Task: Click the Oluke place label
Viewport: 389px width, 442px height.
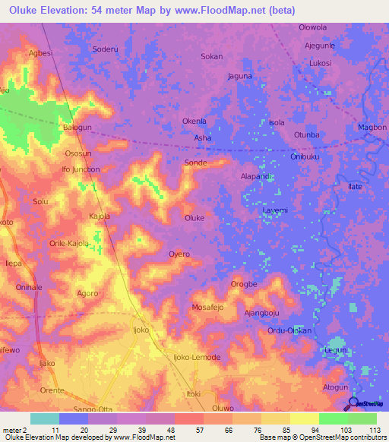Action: pyautogui.click(x=194, y=218)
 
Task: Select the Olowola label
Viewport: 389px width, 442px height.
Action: pyautogui.click(x=312, y=27)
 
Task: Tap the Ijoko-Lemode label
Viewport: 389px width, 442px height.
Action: pyautogui.click(x=197, y=357)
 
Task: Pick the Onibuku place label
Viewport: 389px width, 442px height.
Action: pyautogui.click(x=307, y=156)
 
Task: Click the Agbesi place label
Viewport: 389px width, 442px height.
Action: pyautogui.click(x=40, y=53)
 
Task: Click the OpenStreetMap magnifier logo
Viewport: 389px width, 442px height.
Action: pyautogui.click(x=353, y=403)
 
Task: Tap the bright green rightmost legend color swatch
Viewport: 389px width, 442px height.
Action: pyautogui.click(x=362, y=418)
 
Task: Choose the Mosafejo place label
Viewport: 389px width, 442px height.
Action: pyautogui.click(x=207, y=308)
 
